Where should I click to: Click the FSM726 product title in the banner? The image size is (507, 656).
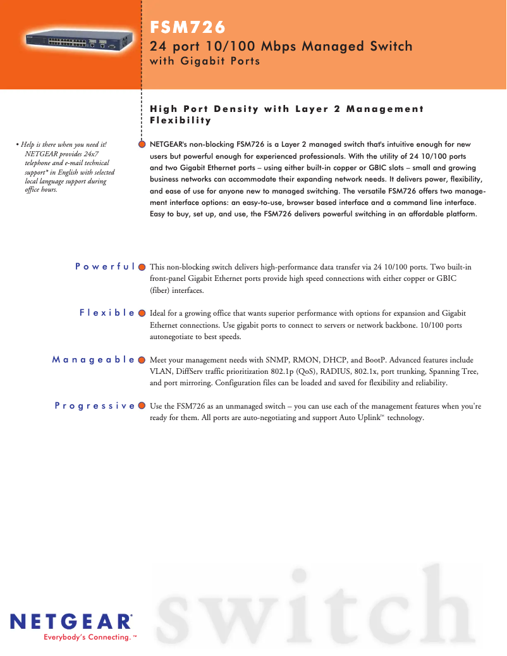tap(188, 27)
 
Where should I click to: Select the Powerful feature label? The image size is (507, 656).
tap(104, 266)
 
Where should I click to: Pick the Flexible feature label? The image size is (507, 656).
tap(107, 313)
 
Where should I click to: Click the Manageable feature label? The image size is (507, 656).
tap(93, 359)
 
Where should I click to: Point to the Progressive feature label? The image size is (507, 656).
tap(94, 405)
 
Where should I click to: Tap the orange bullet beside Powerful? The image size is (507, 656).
tap(142, 266)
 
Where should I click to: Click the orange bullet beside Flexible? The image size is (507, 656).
tap(142, 313)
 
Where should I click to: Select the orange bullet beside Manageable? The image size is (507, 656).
tap(142, 359)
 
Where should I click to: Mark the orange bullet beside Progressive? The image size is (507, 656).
tap(142, 405)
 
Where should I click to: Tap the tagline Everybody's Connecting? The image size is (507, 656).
tap(87, 637)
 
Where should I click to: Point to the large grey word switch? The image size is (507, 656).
tap(316, 607)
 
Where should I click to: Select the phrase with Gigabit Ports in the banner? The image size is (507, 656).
tap(205, 61)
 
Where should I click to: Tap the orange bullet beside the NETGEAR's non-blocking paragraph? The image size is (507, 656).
tap(142, 144)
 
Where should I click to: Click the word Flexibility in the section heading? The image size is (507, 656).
tap(180, 120)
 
